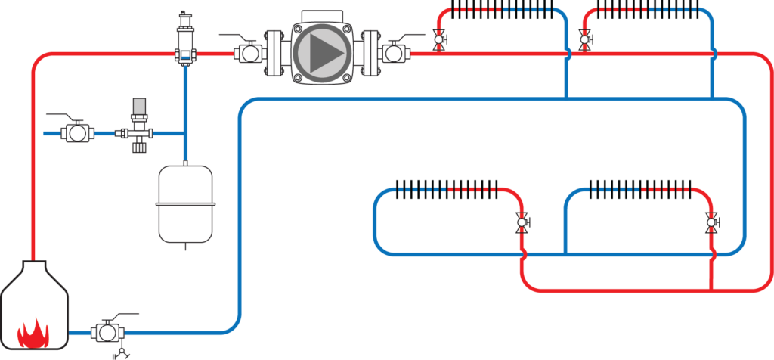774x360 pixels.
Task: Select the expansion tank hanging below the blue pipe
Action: (185, 204)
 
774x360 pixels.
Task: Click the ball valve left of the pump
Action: (248, 54)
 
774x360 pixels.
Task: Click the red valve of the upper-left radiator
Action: (439, 39)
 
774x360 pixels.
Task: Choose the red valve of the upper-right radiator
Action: (585, 39)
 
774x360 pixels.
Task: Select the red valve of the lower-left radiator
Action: (522, 222)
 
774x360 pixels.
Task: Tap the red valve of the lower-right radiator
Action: (711, 222)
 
